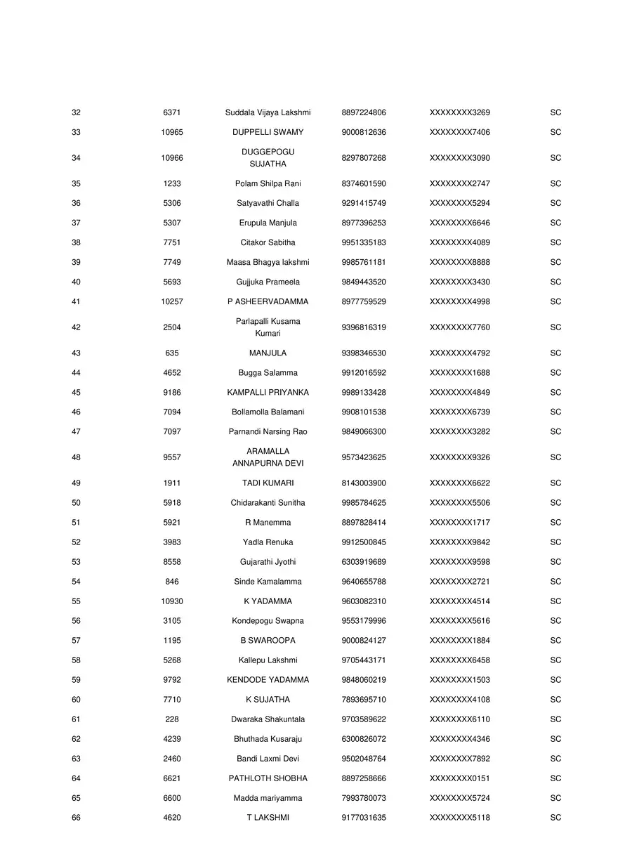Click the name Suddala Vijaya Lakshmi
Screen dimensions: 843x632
click(268, 112)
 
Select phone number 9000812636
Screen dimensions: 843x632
click(363, 132)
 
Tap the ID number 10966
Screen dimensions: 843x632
click(172, 158)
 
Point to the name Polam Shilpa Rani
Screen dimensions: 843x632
click(268, 183)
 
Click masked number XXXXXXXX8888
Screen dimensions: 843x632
click(459, 262)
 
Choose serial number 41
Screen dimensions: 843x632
click(76, 301)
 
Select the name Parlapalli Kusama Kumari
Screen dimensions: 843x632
click(268, 327)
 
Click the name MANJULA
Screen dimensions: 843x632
click(268, 353)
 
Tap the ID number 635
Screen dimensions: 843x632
click(172, 353)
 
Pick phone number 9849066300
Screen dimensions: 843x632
click(363, 431)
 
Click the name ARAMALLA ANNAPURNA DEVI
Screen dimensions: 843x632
click(268, 457)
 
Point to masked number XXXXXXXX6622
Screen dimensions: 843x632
click(459, 483)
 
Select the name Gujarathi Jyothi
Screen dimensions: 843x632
click(268, 562)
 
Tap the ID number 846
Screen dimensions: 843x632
click(172, 582)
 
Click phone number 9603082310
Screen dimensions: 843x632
click(363, 601)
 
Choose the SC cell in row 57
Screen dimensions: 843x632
click(555, 641)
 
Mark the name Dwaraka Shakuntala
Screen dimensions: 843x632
click(268, 719)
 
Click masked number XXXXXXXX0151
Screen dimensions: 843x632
click(459, 778)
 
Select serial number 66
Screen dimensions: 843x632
click(76, 818)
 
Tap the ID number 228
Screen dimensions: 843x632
click(172, 719)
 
